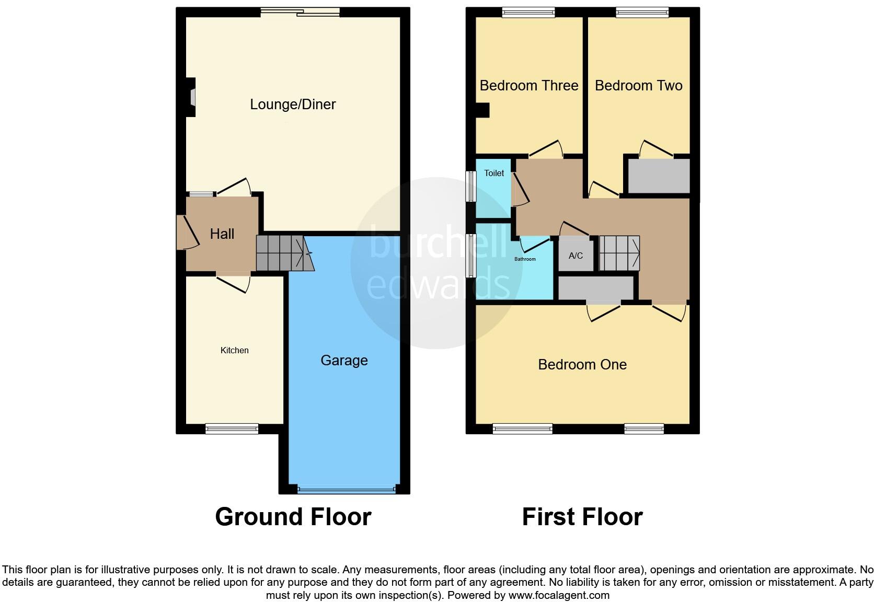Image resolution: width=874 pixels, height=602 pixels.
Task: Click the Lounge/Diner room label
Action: click(293, 105)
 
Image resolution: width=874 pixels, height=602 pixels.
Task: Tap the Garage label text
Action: click(344, 361)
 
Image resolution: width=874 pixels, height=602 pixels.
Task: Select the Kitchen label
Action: click(234, 351)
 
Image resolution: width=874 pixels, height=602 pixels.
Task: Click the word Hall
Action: click(222, 234)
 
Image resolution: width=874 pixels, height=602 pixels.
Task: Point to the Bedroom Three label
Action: click(528, 86)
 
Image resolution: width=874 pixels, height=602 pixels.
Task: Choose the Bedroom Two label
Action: click(638, 86)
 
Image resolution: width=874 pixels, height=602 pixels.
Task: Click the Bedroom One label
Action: click(582, 365)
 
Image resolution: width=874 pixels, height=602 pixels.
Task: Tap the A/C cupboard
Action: click(576, 256)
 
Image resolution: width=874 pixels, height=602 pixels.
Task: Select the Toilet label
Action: click(494, 173)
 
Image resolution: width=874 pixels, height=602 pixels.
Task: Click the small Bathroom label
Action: click(525, 259)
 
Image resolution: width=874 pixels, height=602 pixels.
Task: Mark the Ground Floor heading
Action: click(293, 517)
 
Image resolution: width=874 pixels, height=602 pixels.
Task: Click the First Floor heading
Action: click(582, 517)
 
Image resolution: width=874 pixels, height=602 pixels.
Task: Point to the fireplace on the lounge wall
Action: click(192, 97)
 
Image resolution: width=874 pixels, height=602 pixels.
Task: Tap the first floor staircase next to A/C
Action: click(619, 253)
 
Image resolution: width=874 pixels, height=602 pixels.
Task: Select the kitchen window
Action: click(232, 429)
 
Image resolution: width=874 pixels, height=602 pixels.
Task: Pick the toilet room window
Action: click(471, 186)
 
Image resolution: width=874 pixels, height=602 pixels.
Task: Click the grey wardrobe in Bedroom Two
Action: click(659, 176)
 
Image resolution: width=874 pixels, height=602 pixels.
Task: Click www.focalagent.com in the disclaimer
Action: click(559, 595)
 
